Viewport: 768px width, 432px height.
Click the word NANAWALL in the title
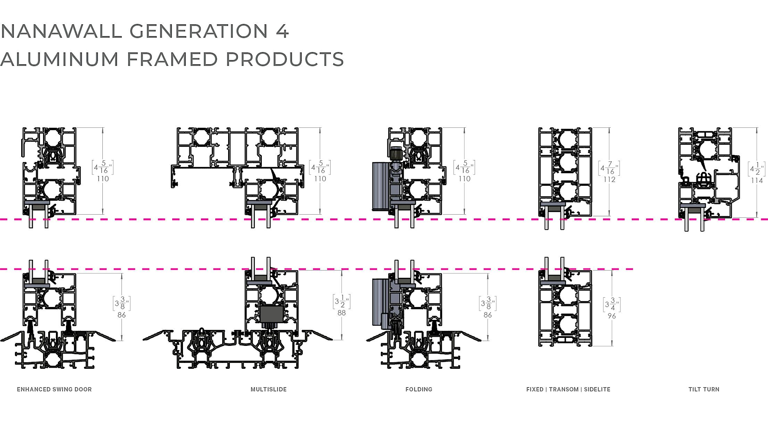pos(61,31)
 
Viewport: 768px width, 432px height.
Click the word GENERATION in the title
pos(199,31)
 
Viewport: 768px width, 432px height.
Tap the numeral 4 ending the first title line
pos(283,31)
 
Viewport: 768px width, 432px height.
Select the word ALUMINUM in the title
pos(60,59)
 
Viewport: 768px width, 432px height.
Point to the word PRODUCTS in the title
pos(285,59)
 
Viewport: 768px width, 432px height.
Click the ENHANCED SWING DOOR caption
pos(55,389)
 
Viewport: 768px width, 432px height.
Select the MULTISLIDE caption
pos(269,389)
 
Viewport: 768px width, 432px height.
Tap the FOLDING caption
pos(419,389)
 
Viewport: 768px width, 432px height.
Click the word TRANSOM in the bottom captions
pos(564,389)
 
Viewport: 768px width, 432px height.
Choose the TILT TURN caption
pos(704,389)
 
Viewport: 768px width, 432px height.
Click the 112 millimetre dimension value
pos(609,180)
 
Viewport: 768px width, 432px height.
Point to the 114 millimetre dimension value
pos(757,181)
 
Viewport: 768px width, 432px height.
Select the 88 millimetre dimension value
pos(342,313)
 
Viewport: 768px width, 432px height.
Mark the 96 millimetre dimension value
pos(612,316)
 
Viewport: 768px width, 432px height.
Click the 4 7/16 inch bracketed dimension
pos(609,168)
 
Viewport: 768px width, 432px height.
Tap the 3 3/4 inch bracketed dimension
pos(612,305)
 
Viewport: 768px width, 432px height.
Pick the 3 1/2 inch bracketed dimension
pos(342,301)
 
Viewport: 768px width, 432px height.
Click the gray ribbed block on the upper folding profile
pos(381,186)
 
